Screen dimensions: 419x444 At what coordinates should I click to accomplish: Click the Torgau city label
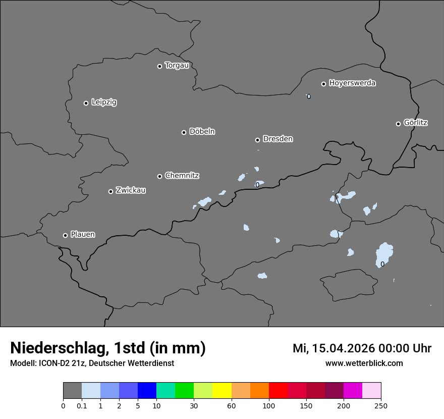[x=177, y=66]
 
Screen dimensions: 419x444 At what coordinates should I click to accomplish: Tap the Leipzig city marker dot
[x=86, y=103]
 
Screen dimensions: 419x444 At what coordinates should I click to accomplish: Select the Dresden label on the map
[x=277, y=139]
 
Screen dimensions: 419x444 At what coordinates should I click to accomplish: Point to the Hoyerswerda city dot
[x=324, y=84]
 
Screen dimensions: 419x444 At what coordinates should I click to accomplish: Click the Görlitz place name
[x=416, y=123]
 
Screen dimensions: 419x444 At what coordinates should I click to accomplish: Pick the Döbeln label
[x=202, y=132]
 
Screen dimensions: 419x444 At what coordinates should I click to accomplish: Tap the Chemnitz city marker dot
[x=159, y=176]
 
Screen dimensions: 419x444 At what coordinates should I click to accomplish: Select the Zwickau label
[x=131, y=190]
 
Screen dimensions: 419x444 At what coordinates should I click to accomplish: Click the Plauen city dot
[x=65, y=235]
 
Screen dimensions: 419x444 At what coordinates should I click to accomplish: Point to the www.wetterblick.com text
[x=364, y=363]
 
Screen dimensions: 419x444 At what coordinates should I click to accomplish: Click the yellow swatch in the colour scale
[x=222, y=391]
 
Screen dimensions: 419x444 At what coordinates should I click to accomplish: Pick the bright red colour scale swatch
[x=278, y=391]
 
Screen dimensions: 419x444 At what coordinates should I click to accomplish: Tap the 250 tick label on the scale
[x=381, y=405]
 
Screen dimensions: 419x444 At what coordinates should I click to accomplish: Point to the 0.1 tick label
[x=82, y=405]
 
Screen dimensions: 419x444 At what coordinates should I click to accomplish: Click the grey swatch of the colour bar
[x=72, y=391]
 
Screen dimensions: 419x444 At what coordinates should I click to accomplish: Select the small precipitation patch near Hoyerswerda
[x=308, y=96]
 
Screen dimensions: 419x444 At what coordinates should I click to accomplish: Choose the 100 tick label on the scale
[x=269, y=405]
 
